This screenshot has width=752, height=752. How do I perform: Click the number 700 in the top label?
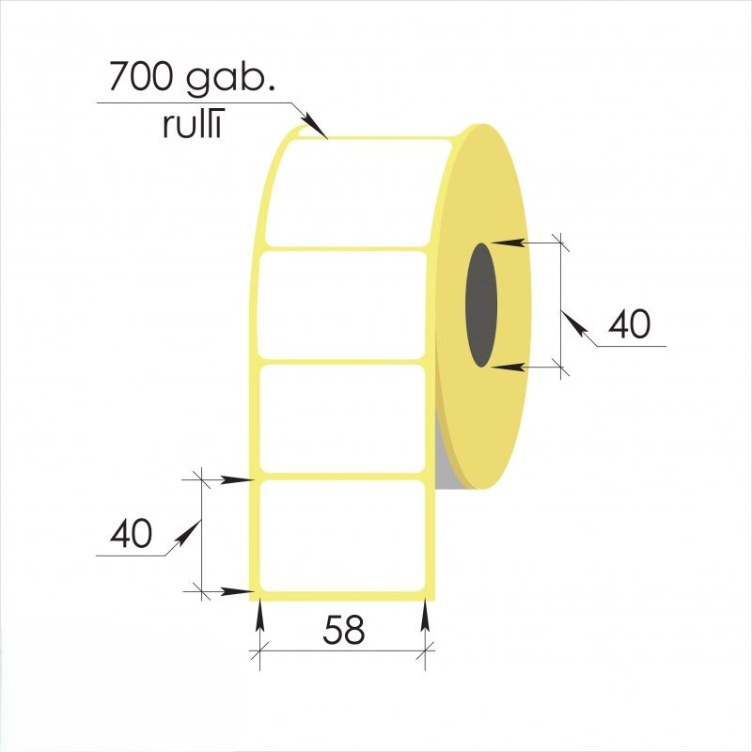pos(139,77)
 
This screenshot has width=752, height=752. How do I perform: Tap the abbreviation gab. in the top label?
pos(230,79)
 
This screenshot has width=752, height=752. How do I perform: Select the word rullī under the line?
pos(194,124)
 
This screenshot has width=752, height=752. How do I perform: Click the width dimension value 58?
pos(344,630)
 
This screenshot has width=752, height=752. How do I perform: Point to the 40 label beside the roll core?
pos(629,323)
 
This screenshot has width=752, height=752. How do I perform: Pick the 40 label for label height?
pos(131,533)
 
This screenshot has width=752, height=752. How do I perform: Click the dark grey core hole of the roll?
pos(481,305)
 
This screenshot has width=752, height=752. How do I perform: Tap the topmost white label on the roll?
pos(357,192)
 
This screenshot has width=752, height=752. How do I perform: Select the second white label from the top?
pos(342,305)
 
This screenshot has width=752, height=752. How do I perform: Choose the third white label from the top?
pos(342,418)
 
